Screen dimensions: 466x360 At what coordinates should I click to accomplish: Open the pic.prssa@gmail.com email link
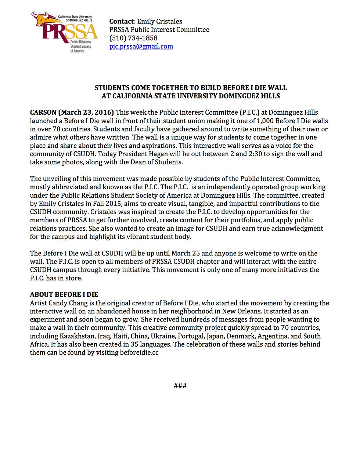coord(141,46)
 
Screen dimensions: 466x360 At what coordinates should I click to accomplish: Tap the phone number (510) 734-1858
coord(133,38)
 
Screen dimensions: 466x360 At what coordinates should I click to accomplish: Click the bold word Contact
coord(121,21)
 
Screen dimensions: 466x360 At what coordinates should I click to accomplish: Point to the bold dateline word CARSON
coord(43,112)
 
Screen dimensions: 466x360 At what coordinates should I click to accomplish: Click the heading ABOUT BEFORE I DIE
coord(64,294)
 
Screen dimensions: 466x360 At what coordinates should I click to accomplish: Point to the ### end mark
coord(180,386)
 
